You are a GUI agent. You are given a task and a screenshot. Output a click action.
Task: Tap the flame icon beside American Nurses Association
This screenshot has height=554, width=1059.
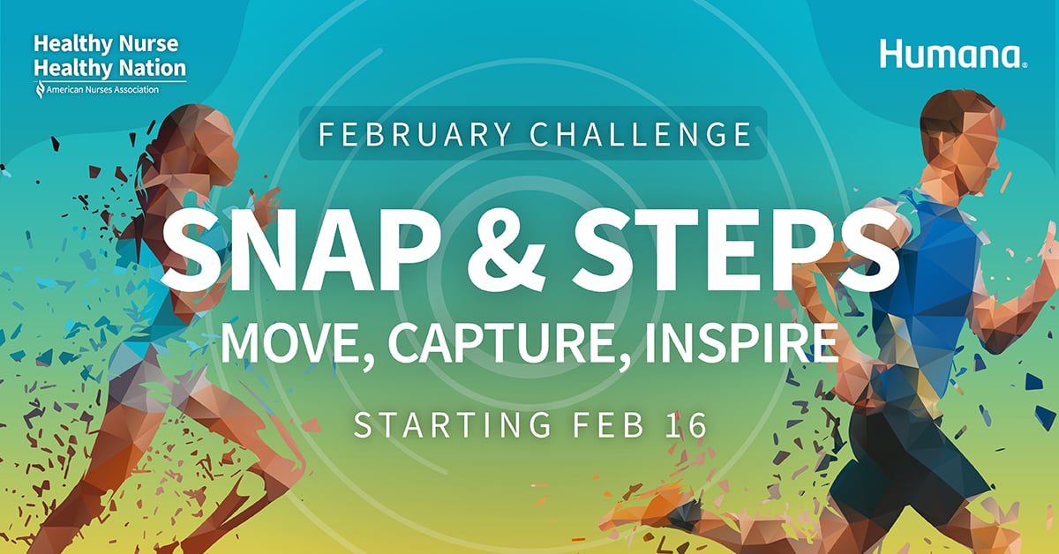(x=39, y=90)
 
